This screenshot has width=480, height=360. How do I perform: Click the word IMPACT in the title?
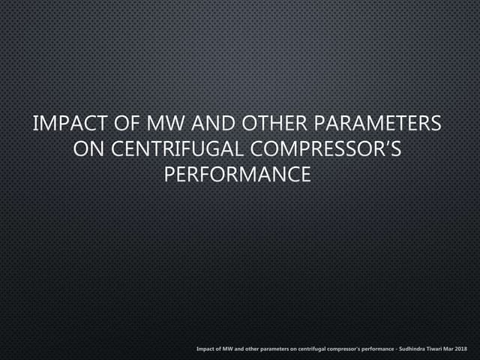70,123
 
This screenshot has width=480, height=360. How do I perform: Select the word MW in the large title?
165,123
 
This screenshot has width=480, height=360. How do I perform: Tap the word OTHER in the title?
274,123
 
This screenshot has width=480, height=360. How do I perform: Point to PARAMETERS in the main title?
378,123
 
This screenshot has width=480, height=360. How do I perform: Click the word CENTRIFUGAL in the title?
177,149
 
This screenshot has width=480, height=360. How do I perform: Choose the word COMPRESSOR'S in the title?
325,149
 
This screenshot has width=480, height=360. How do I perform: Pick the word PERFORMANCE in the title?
238,175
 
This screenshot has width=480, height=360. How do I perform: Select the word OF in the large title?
127,123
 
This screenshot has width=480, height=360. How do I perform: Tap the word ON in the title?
88,149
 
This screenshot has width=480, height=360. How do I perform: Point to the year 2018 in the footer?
461,349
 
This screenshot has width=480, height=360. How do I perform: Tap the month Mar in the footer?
448,349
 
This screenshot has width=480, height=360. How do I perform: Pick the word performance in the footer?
378,349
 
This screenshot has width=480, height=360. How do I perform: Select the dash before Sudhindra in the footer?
397,349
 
